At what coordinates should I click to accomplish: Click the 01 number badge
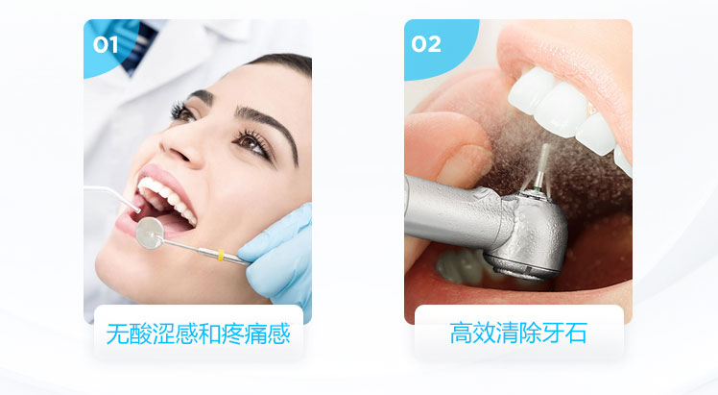pyautogui.click(x=106, y=45)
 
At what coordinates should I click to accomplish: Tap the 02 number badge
pyautogui.click(x=426, y=44)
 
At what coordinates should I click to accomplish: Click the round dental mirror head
pyautogui.click(x=150, y=234)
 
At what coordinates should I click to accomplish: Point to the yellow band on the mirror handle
pyautogui.click(x=220, y=256)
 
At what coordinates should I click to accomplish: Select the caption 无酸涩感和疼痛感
pyautogui.click(x=199, y=333)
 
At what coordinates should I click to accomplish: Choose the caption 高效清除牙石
pyautogui.click(x=518, y=333)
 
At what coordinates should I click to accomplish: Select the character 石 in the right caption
pyautogui.click(x=576, y=333)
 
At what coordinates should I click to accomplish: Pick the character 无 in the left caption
pyautogui.click(x=117, y=333)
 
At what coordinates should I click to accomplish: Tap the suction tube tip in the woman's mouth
pyautogui.click(x=136, y=209)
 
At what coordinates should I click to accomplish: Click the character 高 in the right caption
pyautogui.click(x=461, y=333)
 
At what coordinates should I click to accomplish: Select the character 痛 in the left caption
pyautogui.click(x=256, y=333)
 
